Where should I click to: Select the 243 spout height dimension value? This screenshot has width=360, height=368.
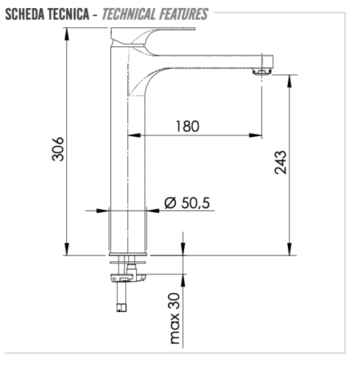point(280,163)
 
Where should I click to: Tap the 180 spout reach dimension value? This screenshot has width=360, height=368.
point(187,126)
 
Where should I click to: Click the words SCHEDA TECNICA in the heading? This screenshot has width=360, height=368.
point(49,13)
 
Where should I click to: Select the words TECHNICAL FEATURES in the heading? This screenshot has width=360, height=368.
point(156,13)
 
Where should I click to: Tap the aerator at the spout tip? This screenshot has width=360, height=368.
point(261,71)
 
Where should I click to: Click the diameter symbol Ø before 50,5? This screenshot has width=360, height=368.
point(169,202)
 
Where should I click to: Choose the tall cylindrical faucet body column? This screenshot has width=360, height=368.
point(130,162)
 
